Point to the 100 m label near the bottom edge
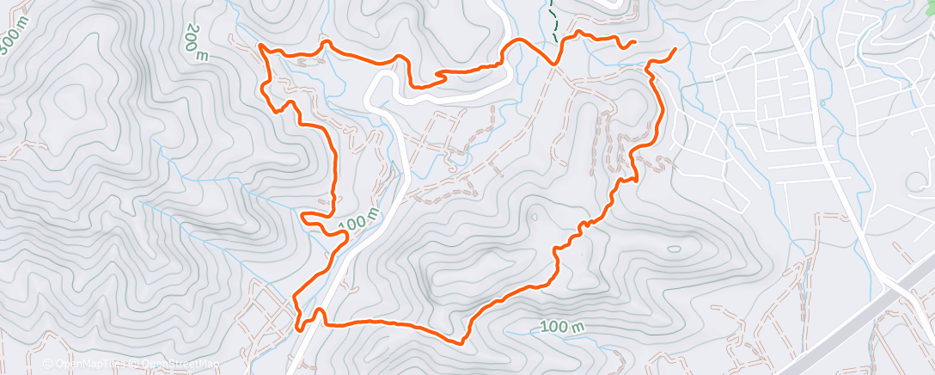[x=563, y=327]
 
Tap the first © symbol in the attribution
[x=49, y=364]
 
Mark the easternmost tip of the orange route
[x=675, y=49]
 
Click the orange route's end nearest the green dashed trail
[x=633, y=41]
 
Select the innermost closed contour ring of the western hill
[x=64, y=103]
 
